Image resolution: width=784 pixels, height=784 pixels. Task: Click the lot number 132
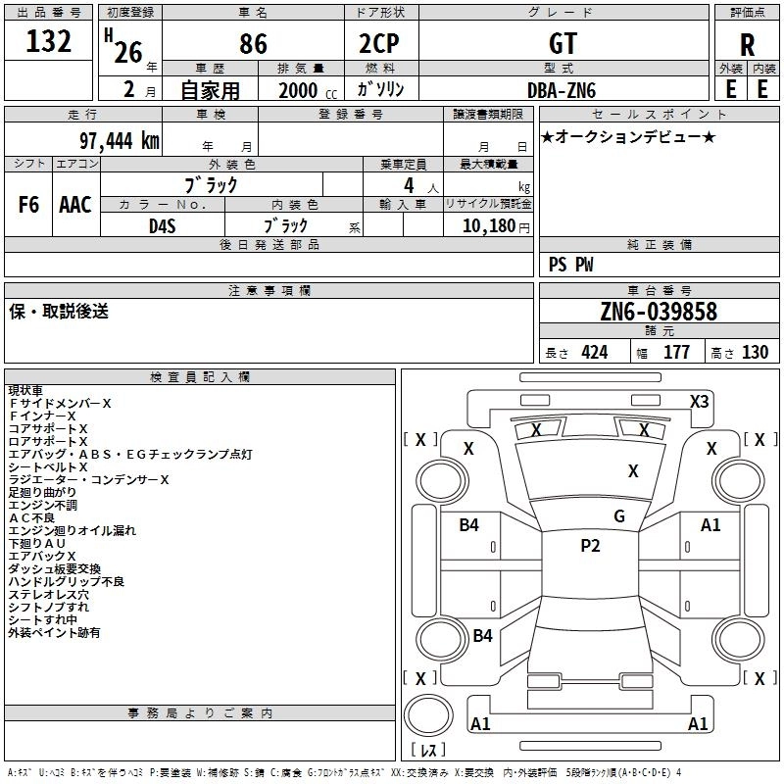coord(48,41)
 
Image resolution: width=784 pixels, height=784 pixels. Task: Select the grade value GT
coord(563,43)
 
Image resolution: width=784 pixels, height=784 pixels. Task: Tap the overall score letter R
coord(747,45)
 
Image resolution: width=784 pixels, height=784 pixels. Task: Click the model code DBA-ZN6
coord(562,90)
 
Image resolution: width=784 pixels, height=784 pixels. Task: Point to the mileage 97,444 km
coord(120,141)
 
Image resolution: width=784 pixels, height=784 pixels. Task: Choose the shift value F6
coord(28,205)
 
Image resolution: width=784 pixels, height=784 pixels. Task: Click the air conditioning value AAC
coord(75,205)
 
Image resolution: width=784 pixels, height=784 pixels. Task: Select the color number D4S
coord(163,226)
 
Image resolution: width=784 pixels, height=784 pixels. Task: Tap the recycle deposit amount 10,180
coord(489,226)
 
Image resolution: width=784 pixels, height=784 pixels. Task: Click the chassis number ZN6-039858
coord(659,312)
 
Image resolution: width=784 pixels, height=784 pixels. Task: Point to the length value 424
coord(595,353)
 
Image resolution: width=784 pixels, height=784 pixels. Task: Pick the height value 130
coord(755,353)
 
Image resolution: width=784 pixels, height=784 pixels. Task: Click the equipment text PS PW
coord(571,265)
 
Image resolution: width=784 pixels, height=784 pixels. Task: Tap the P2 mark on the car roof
coord(590,546)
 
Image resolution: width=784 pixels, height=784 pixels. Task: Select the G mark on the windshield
coord(619,516)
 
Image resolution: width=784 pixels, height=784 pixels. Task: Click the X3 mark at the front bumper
coord(700,402)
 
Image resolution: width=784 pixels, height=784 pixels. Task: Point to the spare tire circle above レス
coord(428,715)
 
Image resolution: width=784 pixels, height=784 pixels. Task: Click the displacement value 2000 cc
coord(308,90)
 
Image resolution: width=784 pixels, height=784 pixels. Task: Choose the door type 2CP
coord(379,43)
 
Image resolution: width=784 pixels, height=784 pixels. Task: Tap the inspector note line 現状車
coord(25,390)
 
